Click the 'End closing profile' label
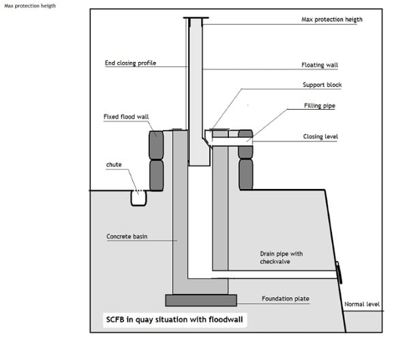[x=130, y=63]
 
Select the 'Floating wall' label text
[x=320, y=65]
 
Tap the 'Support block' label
[x=322, y=85]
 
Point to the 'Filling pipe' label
[x=320, y=106]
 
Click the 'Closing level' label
[x=320, y=136]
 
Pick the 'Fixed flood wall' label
[x=126, y=117]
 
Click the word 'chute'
[x=114, y=164]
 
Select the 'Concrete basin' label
[x=127, y=237]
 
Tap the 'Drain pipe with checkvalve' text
[x=281, y=258]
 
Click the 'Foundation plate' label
[x=286, y=299]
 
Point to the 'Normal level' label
[x=362, y=304]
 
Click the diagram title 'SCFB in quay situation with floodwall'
[x=175, y=320]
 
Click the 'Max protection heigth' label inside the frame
[x=332, y=20]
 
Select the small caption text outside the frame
[x=30, y=5]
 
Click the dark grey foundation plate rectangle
[x=201, y=300]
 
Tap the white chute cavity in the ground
[x=138, y=199]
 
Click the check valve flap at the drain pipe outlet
[x=339, y=273]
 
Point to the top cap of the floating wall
[x=196, y=18]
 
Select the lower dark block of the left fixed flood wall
[x=156, y=175]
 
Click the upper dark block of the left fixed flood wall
[x=156, y=145]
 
